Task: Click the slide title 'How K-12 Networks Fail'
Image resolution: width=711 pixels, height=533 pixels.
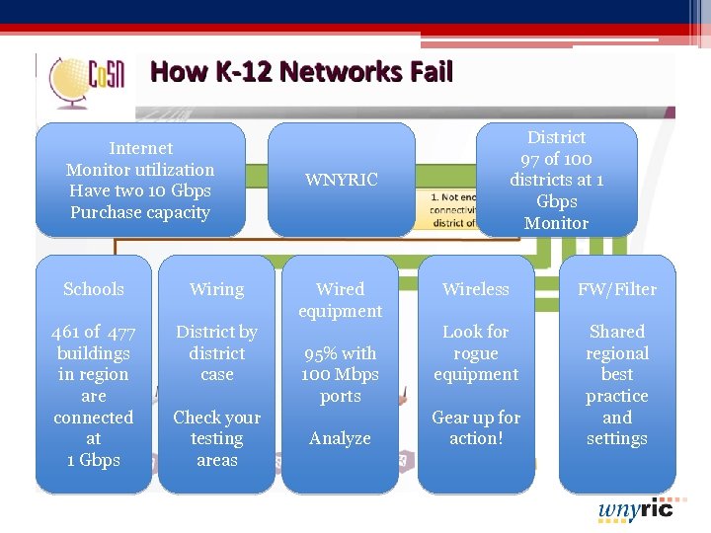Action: (301, 72)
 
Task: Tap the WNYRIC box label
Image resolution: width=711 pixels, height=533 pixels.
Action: (341, 180)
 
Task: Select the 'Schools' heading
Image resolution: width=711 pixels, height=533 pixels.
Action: (94, 289)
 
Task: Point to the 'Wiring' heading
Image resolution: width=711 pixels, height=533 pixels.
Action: (216, 289)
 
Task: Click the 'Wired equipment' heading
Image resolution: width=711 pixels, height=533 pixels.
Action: (341, 300)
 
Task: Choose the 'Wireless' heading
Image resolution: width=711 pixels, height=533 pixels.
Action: (476, 289)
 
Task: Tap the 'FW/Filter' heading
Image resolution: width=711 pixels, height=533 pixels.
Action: (617, 289)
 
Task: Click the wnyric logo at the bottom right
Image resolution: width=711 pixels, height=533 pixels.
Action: (635, 509)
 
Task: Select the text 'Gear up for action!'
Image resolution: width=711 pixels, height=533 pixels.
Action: (476, 427)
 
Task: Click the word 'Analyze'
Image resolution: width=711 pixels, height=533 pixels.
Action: (341, 438)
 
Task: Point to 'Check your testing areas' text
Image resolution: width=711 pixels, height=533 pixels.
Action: (216, 438)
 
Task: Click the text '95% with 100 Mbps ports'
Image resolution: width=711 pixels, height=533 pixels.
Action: (341, 374)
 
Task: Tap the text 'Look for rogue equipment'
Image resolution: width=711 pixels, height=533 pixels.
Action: (476, 353)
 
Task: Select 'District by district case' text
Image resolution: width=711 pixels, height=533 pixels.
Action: (216, 353)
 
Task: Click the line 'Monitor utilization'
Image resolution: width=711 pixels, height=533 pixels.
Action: (140, 170)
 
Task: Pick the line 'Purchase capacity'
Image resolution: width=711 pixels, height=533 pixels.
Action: (140, 212)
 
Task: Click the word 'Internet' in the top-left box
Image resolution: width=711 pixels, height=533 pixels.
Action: (140, 148)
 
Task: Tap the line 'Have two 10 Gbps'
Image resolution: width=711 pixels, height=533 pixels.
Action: (140, 190)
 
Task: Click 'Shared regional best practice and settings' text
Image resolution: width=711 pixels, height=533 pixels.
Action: (617, 385)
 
